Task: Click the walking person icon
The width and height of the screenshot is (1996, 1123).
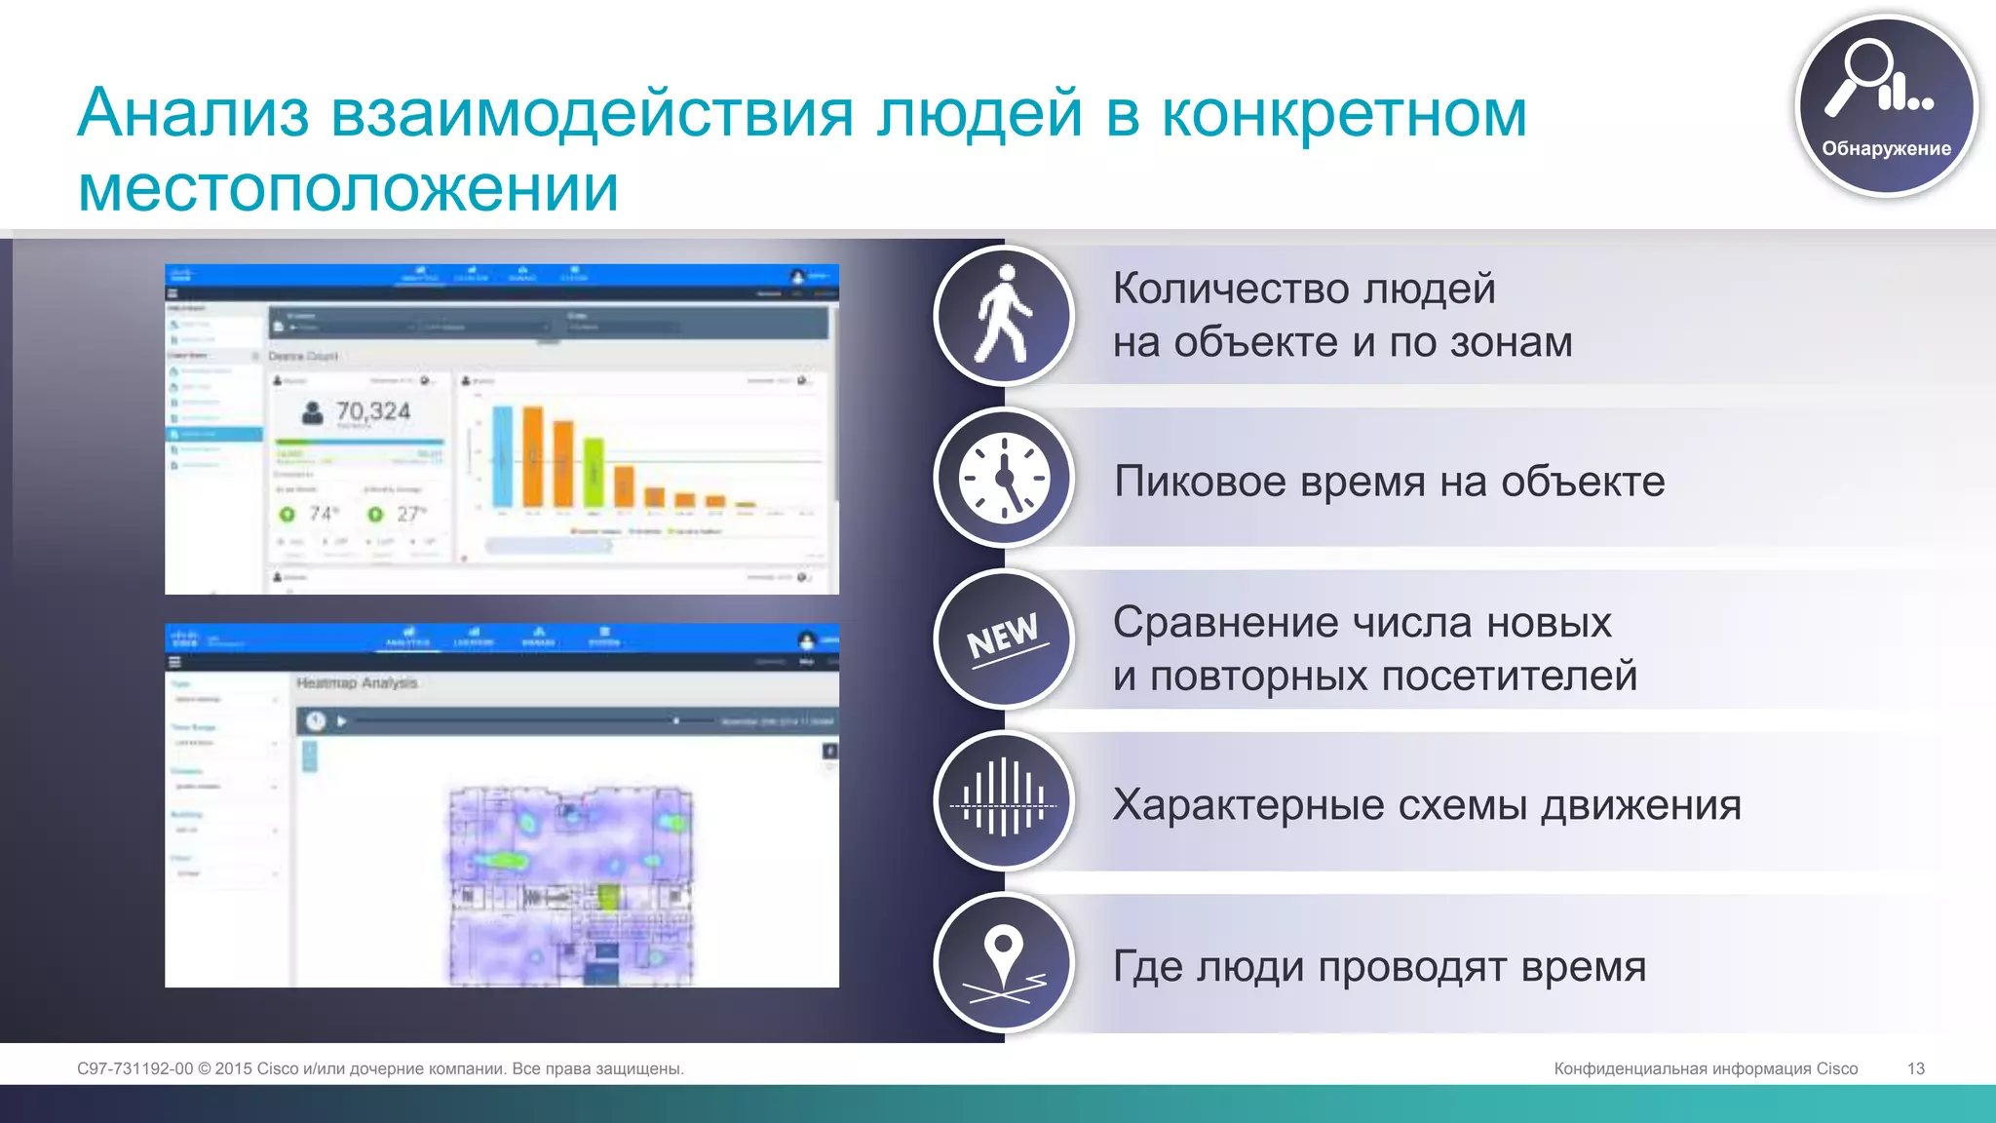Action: [x=1004, y=315]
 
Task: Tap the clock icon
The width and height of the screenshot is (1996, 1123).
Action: [x=1004, y=478]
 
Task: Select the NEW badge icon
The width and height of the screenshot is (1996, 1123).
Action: [x=1004, y=639]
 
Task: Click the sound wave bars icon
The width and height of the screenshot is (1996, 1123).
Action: [x=1004, y=800]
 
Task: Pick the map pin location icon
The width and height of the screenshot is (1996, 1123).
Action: [x=1004, y=962]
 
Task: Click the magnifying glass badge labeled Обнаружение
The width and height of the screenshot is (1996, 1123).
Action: [x=1886, y=105]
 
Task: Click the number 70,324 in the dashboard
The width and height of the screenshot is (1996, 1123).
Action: [x=372, y=411]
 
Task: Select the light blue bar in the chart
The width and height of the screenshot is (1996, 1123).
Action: [x=503, y=457]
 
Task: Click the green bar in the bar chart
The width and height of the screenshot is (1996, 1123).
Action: [x=594, y=473]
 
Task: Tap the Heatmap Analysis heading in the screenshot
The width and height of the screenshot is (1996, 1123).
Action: [x=357, y=683]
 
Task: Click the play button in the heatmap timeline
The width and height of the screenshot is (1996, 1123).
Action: [x=342, y=721]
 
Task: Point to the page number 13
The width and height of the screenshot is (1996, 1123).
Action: [x=1915, y=1068]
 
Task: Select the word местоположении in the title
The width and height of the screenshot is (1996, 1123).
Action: [x=348, y=188]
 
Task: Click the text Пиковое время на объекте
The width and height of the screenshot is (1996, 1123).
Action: [x=1389, y=482]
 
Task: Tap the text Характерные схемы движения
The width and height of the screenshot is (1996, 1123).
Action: [x=1426, y=805]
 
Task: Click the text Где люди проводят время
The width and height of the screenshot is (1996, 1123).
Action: [x=1379, y=967]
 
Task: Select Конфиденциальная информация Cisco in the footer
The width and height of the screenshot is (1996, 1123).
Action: [x=1705, y=1068]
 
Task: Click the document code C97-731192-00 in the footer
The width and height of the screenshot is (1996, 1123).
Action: [x=134, y=1068]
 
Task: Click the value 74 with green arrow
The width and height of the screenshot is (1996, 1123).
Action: [x=322, y=514]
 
